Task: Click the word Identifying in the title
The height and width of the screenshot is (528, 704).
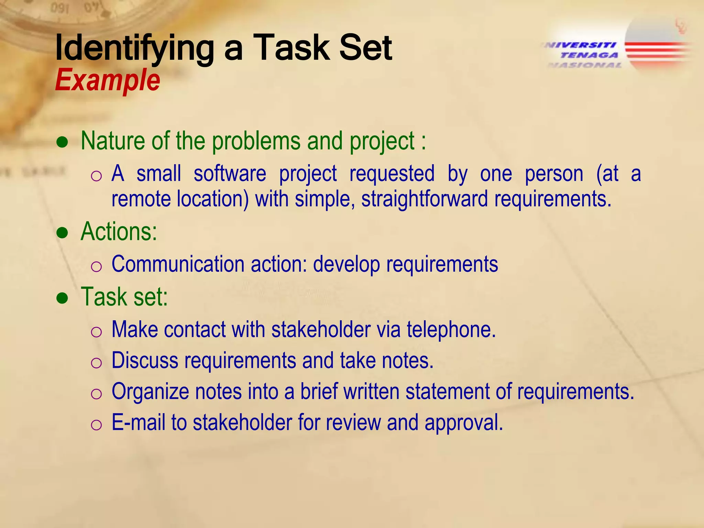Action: [134, 48]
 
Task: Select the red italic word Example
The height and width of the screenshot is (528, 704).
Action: [108, 80]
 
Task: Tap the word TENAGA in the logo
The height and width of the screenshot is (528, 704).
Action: [589, 55]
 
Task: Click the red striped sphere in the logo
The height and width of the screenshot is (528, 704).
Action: [658, 45]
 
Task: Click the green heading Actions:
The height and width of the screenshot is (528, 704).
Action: [119, 231]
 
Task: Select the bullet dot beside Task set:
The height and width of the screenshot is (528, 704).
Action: [63, 298]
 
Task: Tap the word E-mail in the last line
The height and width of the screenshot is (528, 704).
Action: [138, 422]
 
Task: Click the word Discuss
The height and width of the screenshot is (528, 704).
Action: [145, 361]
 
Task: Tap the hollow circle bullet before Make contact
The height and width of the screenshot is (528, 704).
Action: [96, 332]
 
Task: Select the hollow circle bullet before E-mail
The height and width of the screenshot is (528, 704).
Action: [96, 425]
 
